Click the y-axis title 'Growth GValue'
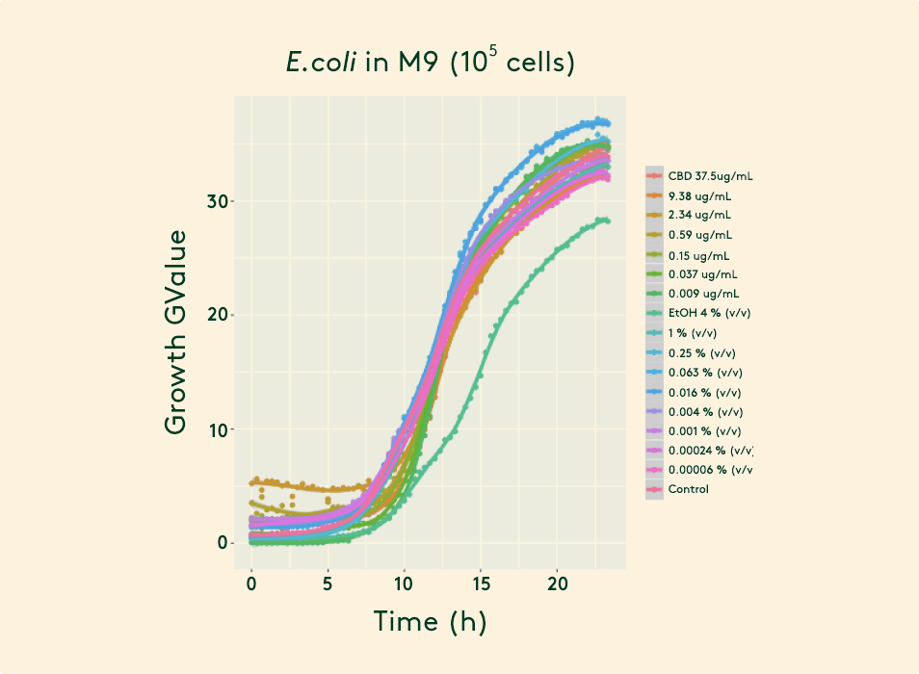click(x=176, y=331)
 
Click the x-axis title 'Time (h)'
click(x=430, y=622)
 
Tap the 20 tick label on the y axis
click(x=219, y=315)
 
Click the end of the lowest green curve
click(x=607, y=220)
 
